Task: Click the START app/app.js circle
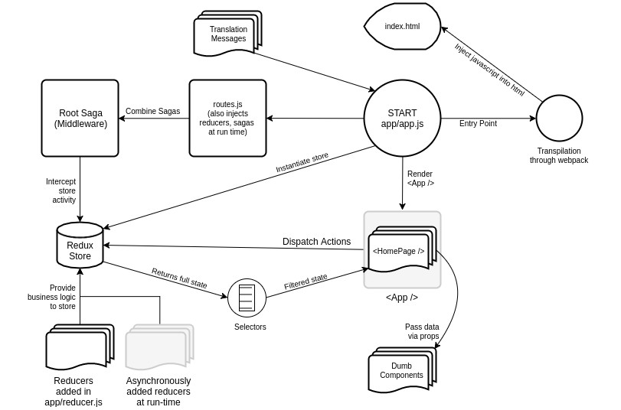402,118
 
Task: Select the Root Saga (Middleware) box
80,118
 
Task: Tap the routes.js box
227,118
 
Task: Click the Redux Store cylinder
80,246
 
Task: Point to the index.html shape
403,26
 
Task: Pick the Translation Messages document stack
227,34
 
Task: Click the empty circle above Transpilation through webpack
559,118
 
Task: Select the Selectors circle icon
247,298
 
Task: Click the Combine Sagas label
153,112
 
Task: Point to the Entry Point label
478,123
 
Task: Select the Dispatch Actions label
316,242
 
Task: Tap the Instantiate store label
302,162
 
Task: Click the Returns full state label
179,278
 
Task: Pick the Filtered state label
306,281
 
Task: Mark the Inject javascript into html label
489,70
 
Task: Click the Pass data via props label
422,331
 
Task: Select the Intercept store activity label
60,190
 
